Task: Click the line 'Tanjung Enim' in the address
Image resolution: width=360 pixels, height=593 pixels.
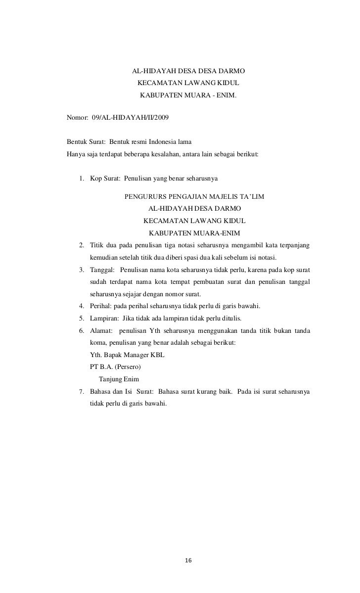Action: (x=119, y=379)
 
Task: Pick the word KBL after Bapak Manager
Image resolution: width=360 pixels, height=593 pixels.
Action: (x=157, y=355)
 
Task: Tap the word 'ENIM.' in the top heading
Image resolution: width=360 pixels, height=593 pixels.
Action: (x=227, y=93)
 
